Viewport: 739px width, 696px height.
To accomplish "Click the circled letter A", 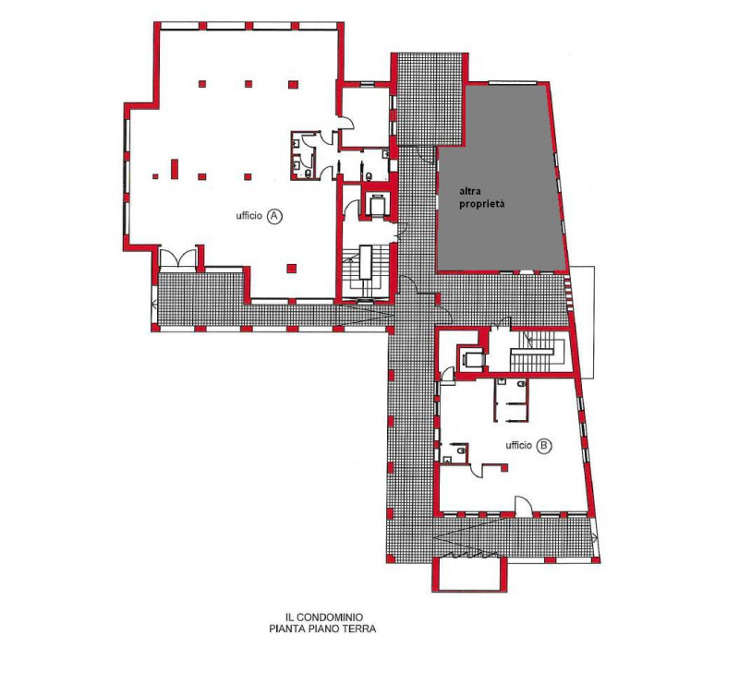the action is tap(274, 216).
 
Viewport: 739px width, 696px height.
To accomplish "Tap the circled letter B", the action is tap(544, 446).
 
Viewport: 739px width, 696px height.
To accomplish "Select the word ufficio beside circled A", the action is tap(248, 216).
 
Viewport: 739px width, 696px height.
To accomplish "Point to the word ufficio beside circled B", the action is tap(518, 445).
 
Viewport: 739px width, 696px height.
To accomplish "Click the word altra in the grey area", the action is tap(470, 191).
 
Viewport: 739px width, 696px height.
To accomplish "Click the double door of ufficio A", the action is tap(177, 258).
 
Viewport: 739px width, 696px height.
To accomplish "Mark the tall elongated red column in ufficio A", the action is tap(175, 169).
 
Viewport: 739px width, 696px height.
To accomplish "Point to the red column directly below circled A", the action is tap(292, 269).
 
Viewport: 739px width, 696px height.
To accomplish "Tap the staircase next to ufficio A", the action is tap(366, 272).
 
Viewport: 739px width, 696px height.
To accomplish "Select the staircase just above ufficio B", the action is tap(538, 352).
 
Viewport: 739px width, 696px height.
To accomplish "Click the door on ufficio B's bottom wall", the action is tap(523, 506).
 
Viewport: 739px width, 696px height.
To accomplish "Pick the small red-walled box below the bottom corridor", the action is tap(469, 573).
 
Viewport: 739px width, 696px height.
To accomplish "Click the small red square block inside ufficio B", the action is tap(504, 468).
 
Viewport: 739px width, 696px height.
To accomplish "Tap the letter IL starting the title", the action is tap(289, 617).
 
